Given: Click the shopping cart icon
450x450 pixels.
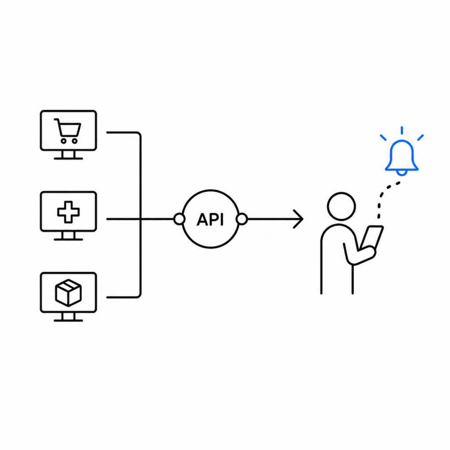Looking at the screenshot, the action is (x=68, y=131).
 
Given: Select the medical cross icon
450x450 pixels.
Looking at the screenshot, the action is (x=68, y=212).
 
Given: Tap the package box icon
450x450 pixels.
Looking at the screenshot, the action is (x=68, y=293).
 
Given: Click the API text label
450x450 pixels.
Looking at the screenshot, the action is (x=210, y=220).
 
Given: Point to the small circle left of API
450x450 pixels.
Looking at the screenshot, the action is (x=179, y=219).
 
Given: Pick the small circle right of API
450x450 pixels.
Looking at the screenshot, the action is (x=242, y=219).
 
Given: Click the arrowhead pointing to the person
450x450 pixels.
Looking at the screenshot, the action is (x=298, y=219).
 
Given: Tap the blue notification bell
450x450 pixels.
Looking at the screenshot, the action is (x=402, y=158).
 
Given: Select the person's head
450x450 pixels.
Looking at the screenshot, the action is (x=341, y=207).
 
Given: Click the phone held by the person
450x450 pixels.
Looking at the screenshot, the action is (x=371, y=238).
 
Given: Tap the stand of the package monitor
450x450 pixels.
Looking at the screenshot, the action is (x=68, y=317).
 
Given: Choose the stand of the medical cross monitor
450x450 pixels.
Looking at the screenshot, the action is (x=68, y=236).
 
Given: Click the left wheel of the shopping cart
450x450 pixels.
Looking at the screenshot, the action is (x=63, y=141).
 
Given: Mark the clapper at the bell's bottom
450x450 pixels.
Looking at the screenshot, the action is (x=402, y=173).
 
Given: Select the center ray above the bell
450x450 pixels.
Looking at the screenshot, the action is (x=402, y=130).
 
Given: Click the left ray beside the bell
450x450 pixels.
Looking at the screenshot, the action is (x=383, y=138).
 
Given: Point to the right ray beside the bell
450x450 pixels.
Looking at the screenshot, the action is (x=421, y=138).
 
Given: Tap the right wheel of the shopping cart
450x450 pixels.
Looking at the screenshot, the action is (x=75, y=141).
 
